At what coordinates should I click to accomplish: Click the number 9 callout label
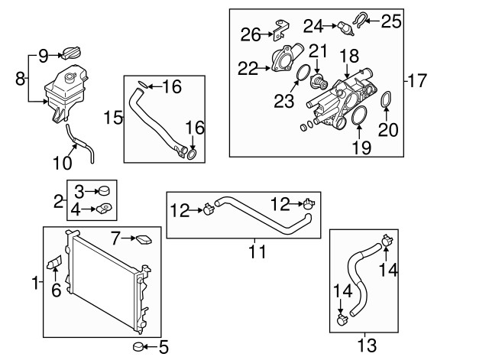(x=43, y=55)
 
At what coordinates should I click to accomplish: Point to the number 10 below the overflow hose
(x=62, y=163)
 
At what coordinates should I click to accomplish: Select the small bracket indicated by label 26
(x=280, y=31)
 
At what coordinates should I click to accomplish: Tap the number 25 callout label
(x=390, y=21)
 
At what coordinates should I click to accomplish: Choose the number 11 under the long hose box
(x=254, y=250)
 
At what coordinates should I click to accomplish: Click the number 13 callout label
(x=367, y=345)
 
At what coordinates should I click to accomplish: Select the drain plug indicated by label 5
(x=139, y=349)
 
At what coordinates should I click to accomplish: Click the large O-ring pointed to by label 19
(x=357, y=118)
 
